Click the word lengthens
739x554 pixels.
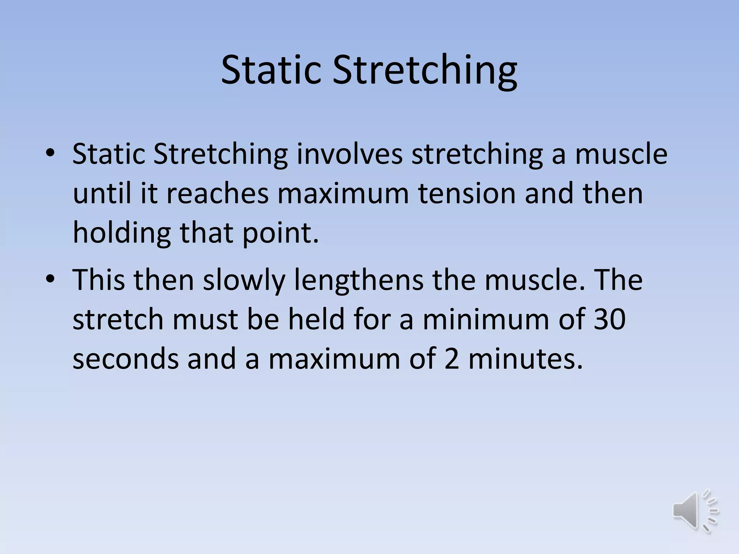tap(359, 281)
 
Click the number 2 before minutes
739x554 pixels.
tap(452, 359)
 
